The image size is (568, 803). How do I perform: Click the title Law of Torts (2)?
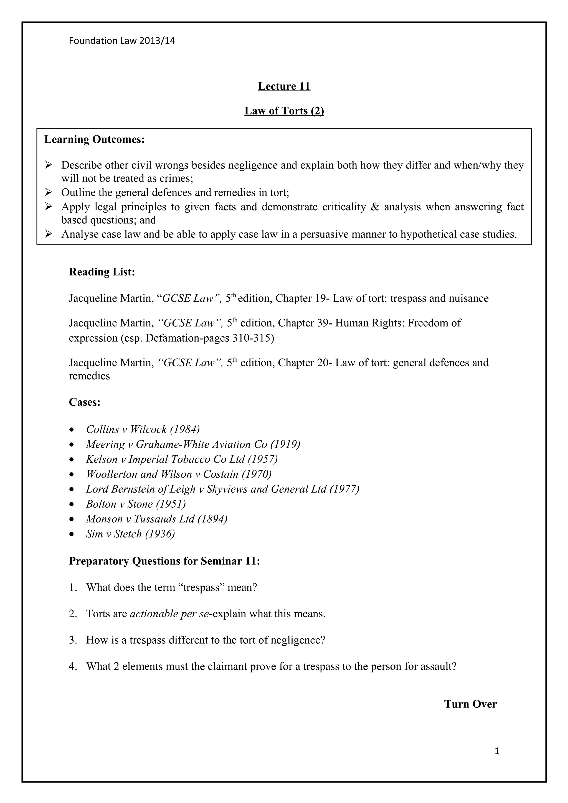284,111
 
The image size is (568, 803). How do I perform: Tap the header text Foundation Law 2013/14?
122,41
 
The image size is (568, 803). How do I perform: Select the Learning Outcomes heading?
95,140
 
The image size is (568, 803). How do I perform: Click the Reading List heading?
102,272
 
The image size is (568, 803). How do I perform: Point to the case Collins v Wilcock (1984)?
143,429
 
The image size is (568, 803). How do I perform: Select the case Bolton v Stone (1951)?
136,504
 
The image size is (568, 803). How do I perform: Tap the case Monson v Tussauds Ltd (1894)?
156,519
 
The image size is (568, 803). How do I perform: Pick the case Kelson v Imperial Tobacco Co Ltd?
182,459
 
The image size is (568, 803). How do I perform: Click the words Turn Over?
470,704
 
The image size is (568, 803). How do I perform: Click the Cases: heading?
85,402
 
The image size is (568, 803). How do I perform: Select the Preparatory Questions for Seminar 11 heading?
164,561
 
